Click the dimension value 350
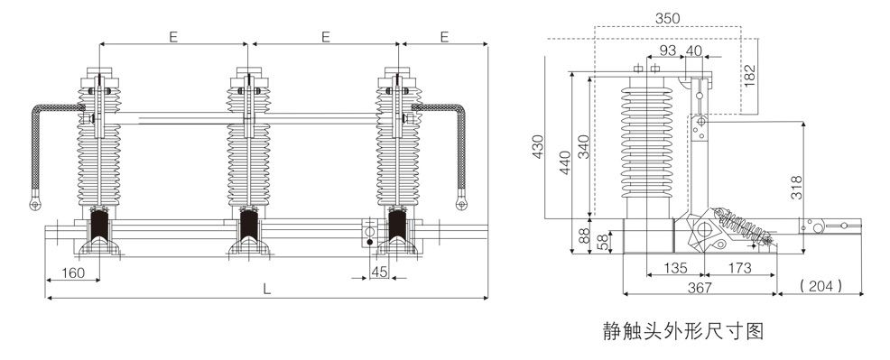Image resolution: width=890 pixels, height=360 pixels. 668,18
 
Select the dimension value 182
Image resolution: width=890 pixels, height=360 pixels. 750,76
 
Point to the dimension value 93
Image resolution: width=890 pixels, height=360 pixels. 668,51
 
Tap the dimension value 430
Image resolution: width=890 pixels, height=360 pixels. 537,145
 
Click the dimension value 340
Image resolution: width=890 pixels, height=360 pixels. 582,145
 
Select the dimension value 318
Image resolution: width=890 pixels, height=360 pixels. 796,188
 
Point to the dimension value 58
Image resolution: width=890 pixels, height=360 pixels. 602,242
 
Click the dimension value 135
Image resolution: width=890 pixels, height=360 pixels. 675,268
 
